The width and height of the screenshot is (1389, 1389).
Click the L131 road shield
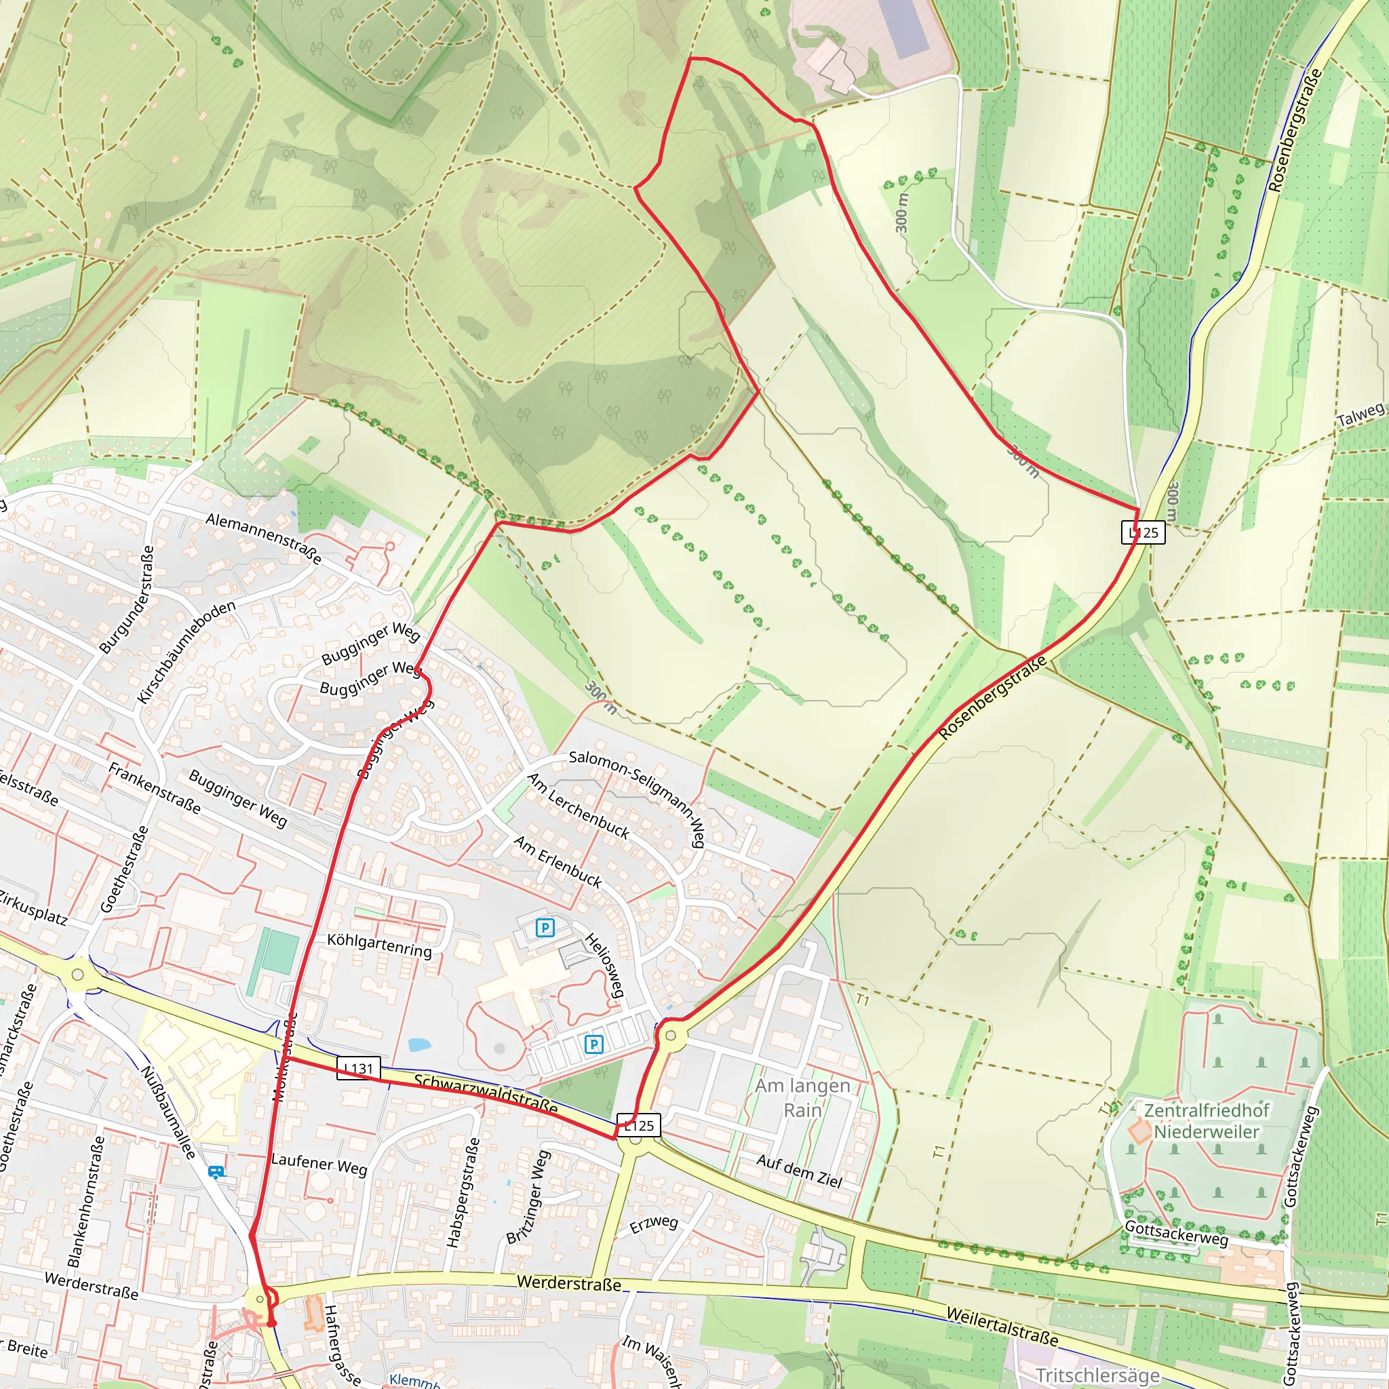pos(359,1068)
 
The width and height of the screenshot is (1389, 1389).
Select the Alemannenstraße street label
pos(263,539)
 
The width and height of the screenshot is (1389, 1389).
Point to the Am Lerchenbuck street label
pos(578,806)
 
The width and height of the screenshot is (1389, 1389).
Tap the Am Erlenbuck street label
pos(558,861)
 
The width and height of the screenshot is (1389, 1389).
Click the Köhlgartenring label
pos(379,945)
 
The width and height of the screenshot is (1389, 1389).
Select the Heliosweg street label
pos(604,965)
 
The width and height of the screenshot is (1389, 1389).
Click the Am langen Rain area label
pos(802,1098)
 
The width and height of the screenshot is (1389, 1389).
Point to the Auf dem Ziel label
pos(799,1171)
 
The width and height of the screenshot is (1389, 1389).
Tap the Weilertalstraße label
pos(1002,1327)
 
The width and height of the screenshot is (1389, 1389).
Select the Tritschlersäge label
pos(1097,1375)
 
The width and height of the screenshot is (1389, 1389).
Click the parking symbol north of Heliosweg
pos(545,927)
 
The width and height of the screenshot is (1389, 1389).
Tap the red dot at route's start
pos(271,1323)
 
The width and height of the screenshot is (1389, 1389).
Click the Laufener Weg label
pos(319,1164)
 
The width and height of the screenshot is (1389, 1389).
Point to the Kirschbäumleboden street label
pos(187,652)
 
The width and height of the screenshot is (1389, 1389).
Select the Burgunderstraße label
pos(127,600)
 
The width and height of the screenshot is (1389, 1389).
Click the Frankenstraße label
pos(154,789)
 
